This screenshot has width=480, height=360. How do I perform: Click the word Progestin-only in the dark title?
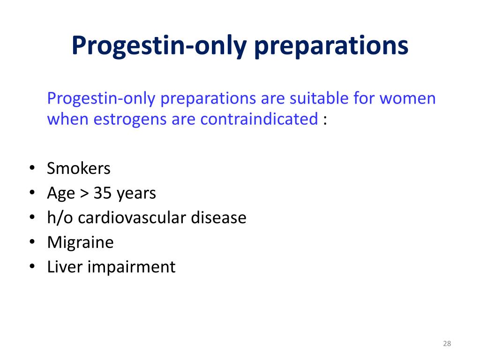[x=159, y=46]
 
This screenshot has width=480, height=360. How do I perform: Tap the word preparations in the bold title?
[x=331, y=46]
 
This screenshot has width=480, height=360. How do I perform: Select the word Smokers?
[x=79, y=168]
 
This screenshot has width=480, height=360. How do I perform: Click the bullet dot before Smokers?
[x=32, y=168]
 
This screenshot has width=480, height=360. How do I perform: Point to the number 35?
[x=103, y=193]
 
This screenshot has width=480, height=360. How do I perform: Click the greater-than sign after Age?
[x=84, y=194]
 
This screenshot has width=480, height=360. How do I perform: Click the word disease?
[x=218, y=217]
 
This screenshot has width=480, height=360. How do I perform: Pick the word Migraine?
[x=80, y=243]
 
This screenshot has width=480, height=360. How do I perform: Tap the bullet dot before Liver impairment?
[x=32, y=267]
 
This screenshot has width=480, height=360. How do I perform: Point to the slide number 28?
[x=447, y=344]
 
